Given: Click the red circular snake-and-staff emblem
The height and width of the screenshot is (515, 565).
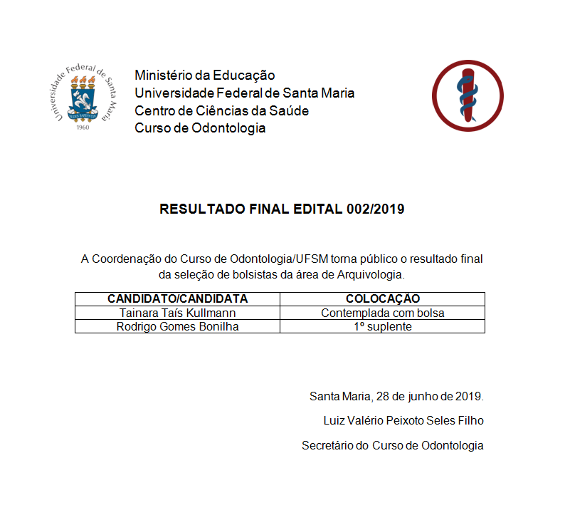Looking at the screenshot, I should coord(468,96).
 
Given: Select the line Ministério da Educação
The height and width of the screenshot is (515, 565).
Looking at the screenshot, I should coord(204,76).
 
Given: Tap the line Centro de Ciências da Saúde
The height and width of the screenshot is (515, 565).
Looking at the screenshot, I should coord(221,110).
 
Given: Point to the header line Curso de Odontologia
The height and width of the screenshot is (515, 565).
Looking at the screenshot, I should coord(200,128).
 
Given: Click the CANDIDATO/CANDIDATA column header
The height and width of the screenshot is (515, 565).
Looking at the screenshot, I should coord(177,298).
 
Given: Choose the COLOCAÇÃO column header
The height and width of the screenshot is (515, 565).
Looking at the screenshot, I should coord(382,298).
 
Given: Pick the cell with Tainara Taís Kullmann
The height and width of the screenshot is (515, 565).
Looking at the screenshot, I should coord(177,313).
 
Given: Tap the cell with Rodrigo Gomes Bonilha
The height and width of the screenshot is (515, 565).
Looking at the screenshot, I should coord(177,326).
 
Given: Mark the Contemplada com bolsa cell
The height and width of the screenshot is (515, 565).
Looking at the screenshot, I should coord(382,313).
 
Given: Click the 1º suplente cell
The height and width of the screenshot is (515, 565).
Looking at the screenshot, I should coord(382,326).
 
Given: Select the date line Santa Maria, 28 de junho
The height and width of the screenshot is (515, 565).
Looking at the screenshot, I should coord(396,396).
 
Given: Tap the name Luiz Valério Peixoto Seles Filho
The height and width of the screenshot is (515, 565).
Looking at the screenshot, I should coord(403,421).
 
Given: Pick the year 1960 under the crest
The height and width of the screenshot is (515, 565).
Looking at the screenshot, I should coord(83,127).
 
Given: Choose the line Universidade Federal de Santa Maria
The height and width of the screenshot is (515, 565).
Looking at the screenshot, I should coord(244,93).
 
